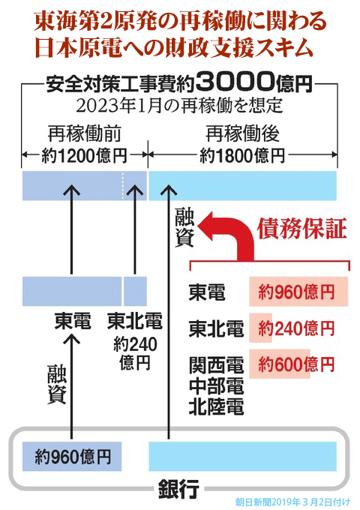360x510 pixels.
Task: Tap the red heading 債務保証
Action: tap(302, 229)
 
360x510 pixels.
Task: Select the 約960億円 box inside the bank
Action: tap(72, 456)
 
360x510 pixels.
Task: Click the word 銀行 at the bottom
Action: tap(178, 488)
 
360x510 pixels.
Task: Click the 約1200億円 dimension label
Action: tap(84, 155)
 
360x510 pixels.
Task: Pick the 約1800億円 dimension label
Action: tap(242, 155)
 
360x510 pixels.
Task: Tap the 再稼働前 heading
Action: tap(84, 134)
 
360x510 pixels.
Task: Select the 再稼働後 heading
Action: tap(242, 134)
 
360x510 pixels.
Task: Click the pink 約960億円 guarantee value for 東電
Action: tap(296, 292)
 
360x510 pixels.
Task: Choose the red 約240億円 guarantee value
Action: tap(296, 328)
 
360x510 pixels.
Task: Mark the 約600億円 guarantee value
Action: tap(296, 364)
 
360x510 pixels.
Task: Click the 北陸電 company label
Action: tap(216, 407)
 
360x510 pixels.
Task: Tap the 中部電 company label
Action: tap(216, 386)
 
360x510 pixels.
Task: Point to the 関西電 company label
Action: tap(216, 365)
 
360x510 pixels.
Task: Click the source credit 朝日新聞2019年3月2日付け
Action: tap(292, 502)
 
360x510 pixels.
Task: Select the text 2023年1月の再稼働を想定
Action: tap(179, 106)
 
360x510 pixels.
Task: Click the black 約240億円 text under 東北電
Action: tap(135, 353)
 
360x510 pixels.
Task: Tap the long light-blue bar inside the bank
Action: tap(242, 456)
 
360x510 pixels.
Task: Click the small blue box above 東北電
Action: tap(135, 291)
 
